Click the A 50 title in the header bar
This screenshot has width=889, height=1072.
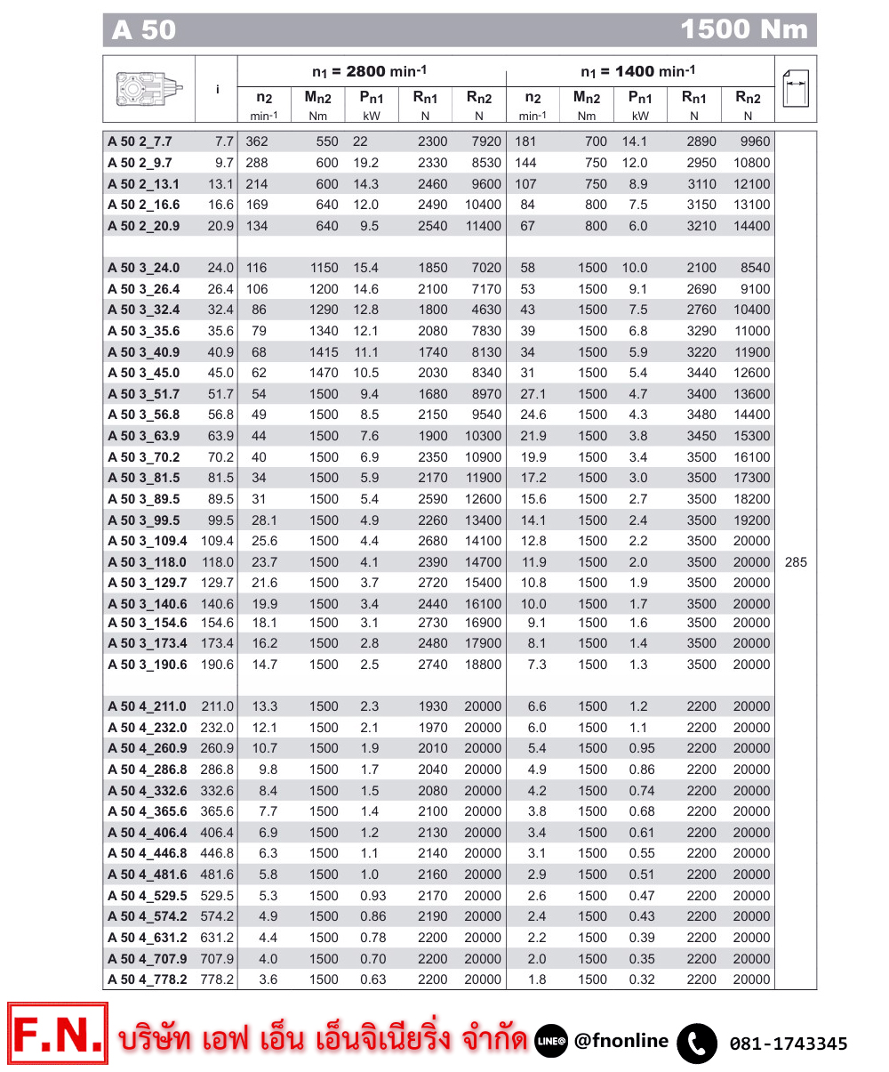(x=144, y=30)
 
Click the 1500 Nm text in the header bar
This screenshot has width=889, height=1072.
(x=743, y=29)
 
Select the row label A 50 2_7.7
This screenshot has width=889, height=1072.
(x=140, y=141)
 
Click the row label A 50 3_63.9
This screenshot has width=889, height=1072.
(x=143, y=436)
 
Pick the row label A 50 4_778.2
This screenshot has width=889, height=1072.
(x=148, y=979)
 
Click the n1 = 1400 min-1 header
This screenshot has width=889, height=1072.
(x=638, y=71)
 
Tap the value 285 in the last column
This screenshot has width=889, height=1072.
(x=796, y=562)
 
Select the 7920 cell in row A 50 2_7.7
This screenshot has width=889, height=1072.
(x=484, y=141)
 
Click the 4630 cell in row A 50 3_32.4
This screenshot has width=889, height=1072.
(x=484, y=310)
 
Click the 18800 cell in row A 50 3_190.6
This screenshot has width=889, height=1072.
(x=484, y=665)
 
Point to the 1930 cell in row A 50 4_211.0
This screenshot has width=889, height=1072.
(x=433, y=706)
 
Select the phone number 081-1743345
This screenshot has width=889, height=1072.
(x=789, y=1044)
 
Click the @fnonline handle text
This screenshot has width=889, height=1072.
(x=621, y=1040)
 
